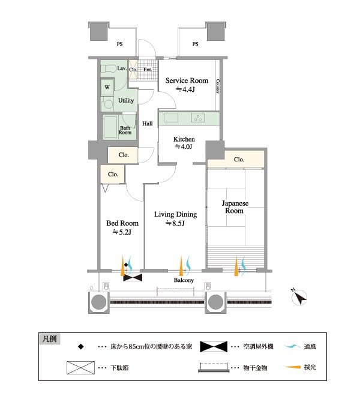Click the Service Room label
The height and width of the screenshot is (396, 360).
187,80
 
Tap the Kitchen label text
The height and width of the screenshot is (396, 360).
184,139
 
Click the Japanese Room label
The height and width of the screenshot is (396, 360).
234,207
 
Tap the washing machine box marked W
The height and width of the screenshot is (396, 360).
107,86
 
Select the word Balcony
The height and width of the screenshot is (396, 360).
183,280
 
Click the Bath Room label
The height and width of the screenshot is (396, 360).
125,129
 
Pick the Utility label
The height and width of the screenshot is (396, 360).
126,100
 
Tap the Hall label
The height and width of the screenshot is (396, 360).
147,124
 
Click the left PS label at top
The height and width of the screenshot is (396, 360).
119,44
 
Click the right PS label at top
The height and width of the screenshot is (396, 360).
196,44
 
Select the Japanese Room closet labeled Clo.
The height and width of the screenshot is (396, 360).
238,160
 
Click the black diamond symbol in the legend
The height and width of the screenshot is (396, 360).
80,347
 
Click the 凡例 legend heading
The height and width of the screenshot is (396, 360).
50,339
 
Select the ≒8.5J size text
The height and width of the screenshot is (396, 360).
175,224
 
